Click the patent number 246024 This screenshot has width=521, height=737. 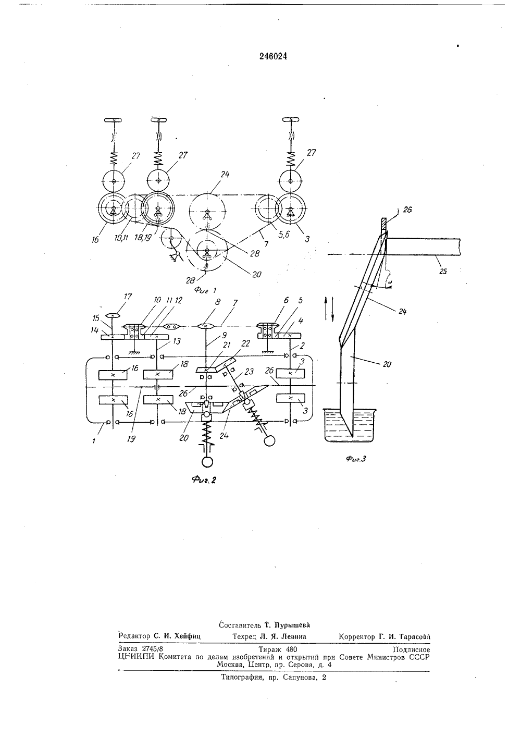(273, 56)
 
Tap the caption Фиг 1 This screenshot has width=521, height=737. (205, 290)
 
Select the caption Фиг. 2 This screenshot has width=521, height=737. (204, 480)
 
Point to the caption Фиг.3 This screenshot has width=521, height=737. (356, 459)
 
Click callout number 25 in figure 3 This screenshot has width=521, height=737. (443, 272)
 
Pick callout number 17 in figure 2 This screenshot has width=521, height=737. (128, 297)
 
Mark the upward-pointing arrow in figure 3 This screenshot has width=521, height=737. (326, 308)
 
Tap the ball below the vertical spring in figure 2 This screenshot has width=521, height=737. (207, 462)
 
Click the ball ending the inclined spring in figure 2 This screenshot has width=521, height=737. (270, 440)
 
